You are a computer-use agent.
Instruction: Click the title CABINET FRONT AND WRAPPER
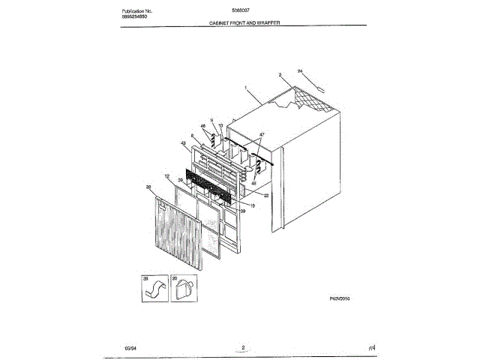coord(244,23)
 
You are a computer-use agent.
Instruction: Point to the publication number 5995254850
coord(138,19)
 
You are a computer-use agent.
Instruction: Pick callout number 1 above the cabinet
coord(245,88)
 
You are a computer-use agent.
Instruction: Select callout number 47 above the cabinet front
coord(262,134)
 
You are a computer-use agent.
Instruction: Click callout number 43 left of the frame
coord(183,142)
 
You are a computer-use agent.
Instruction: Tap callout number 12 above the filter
coord(167,177)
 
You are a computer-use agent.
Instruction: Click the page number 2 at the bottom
coord(244,346)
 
